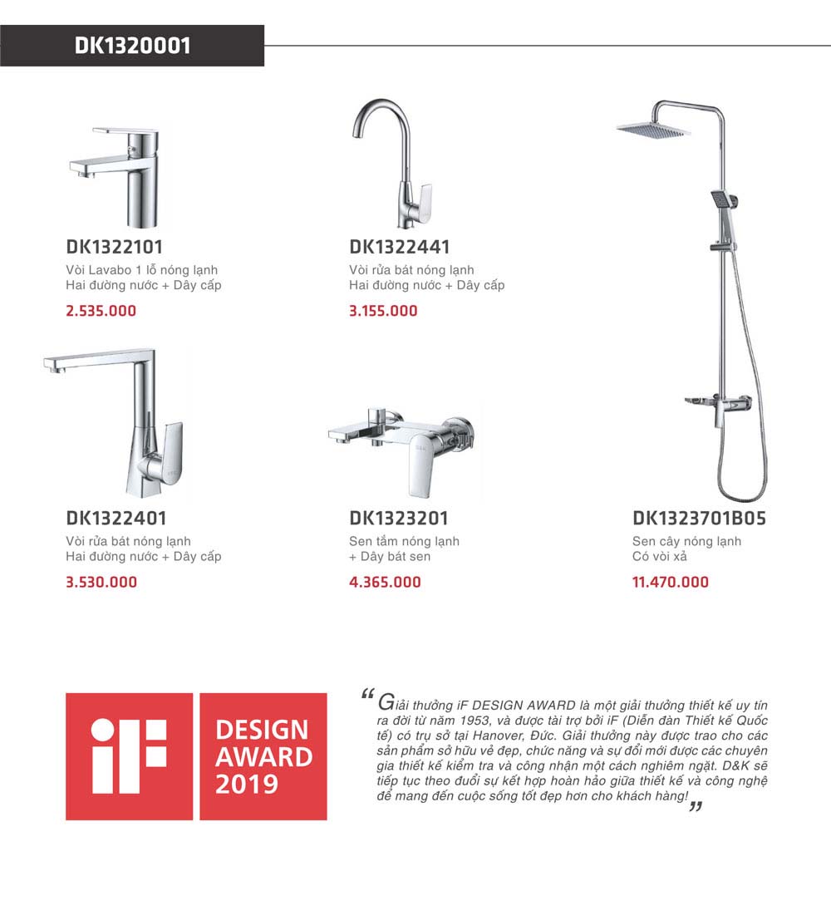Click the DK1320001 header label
coord(132,46)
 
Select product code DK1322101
coord(114,247)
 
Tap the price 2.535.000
coord(101,311)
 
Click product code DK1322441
coord(400,247)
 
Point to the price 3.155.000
coord(383,311)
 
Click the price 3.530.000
coord(101,582)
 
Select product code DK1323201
coord(399,519)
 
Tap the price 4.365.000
coord(385,582)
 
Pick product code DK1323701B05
coord(699,519)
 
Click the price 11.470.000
coord(671,582)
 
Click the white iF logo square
coord(129,756)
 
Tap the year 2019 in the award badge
coord(247,785)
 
